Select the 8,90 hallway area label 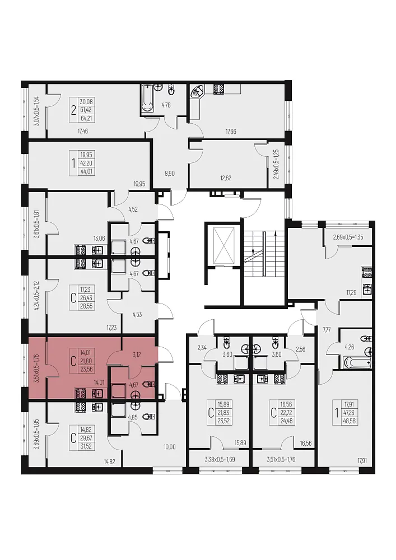click(x=169, y=174)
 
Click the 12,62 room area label click(x=225, y=178)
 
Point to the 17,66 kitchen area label click(x=230, y=132)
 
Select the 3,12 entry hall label click(x=136, y=355)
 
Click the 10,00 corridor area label click(x=170, y=447)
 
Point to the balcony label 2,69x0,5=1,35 click(x=348, y=237)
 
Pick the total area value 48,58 click(x=350, y=421)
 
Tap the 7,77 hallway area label click(x=327, y=330)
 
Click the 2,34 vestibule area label click(x=202, y=348)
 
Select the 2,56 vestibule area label click(x=301, y=349)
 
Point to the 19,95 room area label click(x=139, y=184)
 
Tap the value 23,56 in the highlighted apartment click(x=86, y=370)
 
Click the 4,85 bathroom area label click(x=133, y=417)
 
